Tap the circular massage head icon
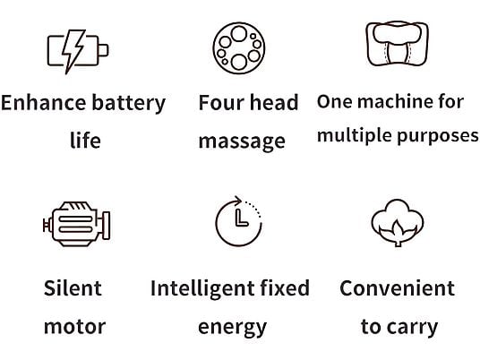click(x=239, y=48)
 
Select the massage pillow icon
click(x=397, y=44)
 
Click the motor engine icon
click(x=77, y=224)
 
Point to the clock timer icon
click(x=238, y=221)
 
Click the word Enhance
click(x=44, y=103)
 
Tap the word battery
click(x=129, y=104)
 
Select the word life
click(x=85, y=141)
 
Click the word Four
click(x=221, y=103)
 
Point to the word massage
click(x=242, y=142)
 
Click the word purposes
click(x=437, y=136)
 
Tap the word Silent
click(x=73, y=288)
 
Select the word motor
click(x=74, y=327)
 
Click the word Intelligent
click(x=202, y=289)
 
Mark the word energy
click(x=232, y=329)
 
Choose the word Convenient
click(x=397, y=288)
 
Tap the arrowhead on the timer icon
click(x=238, y=201)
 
